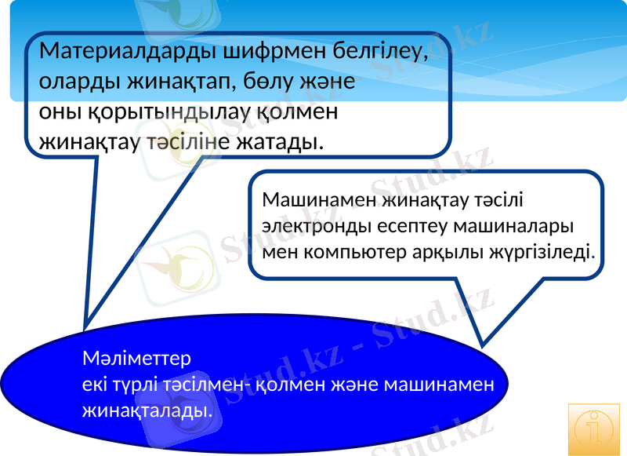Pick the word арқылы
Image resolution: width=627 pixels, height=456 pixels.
click(450, 253)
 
